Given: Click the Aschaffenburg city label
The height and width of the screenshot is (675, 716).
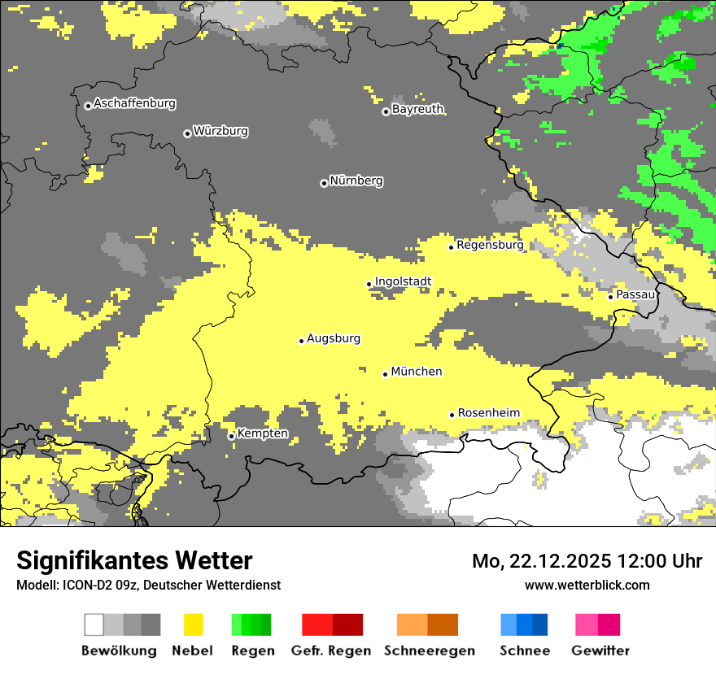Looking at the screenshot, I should tap(134, 103).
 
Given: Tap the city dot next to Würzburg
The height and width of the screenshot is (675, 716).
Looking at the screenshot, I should tap(187, 133).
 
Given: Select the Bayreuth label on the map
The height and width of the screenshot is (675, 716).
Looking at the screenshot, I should tap(417, 109).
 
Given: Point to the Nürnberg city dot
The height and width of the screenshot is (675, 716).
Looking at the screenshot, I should tap(324, 183).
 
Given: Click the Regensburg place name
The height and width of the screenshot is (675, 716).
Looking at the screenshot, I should tap(490, 244).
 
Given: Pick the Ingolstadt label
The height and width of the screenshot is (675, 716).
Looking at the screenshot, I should tap(403, 281).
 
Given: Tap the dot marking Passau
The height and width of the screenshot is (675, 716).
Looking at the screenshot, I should tap(610, 297).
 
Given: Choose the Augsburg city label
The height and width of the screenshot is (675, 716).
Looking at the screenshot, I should tap(334, 338).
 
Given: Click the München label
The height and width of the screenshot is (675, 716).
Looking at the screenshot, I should tap(417, 372).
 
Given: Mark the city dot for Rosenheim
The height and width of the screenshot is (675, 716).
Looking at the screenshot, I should tap(452, 415).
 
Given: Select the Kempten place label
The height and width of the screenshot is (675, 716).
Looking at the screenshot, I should tap(263, 433).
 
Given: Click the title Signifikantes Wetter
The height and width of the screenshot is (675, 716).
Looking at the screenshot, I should tap(134, 560).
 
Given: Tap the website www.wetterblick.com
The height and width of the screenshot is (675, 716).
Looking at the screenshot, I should tap(587, 585).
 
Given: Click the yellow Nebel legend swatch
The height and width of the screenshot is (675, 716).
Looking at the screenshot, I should tap(193, 625).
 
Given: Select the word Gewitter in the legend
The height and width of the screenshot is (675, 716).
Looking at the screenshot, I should tap(600, 651).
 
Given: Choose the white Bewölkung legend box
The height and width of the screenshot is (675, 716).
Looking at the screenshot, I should tap(94, 625).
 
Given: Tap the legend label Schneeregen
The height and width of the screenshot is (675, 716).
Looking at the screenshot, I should tap(430, 651).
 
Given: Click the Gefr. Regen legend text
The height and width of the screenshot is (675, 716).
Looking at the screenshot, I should tap(331, 651).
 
